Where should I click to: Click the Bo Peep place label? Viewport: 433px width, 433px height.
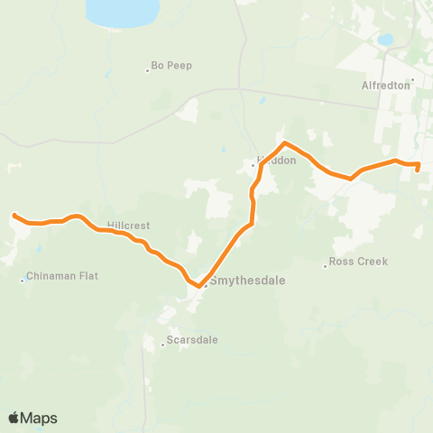point(171,66)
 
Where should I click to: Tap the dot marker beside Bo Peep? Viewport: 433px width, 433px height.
point(147,70)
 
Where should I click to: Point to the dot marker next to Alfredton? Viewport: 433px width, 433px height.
point(412,79)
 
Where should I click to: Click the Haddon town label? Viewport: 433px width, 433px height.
point(276,160)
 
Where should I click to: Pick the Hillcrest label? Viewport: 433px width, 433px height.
point(127,225)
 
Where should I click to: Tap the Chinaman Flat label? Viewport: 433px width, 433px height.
point(62,276)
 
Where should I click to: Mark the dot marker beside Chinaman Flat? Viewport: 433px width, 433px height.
point(23,280)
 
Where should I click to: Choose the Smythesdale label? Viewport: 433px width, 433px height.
point(247,281)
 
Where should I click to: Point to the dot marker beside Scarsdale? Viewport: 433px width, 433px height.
point(164,345)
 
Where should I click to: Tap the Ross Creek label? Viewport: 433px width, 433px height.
point(358,262)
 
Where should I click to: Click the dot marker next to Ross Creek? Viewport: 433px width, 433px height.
point(326,265)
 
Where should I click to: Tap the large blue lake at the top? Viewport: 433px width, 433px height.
point(126,11)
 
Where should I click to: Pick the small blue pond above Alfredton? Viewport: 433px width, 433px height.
point(385,40)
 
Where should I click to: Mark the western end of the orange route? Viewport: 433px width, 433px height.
point(14,215)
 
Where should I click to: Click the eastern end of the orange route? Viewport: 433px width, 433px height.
point(417,169)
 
